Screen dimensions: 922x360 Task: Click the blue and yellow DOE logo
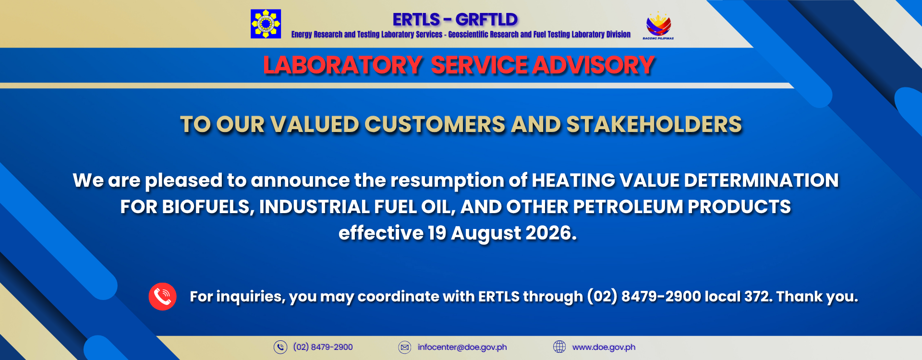[x=266, y=24]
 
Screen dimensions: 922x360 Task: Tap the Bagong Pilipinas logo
[x=658, y=25]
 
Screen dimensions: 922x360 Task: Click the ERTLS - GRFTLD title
[x=455, y=20]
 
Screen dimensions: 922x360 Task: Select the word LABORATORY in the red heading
[x=342, y=65]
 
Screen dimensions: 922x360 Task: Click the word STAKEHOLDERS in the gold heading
[x=654, y=125]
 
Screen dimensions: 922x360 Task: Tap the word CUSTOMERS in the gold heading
[x=435, y=125]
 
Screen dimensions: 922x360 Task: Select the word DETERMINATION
[x=761, y=180]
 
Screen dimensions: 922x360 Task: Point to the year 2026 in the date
[x=551, y=233]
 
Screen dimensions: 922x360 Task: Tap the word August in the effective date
[x=486, y=234]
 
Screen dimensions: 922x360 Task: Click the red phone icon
[x=162, y=297]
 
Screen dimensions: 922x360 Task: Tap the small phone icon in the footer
[x=280, y=347]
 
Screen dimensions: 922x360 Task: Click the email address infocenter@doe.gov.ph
[x=462, y=348]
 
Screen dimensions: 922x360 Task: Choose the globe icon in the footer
[x=559, y=347]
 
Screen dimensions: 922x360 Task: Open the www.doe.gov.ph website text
[x=604, y=348]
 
